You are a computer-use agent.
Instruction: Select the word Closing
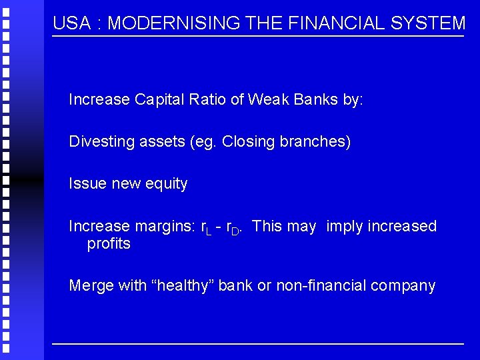coord(249,142)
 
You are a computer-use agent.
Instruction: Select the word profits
coord(109,244)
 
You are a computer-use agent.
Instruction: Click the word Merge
coord(90,286)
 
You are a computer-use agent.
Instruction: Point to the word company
coord(403,286)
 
